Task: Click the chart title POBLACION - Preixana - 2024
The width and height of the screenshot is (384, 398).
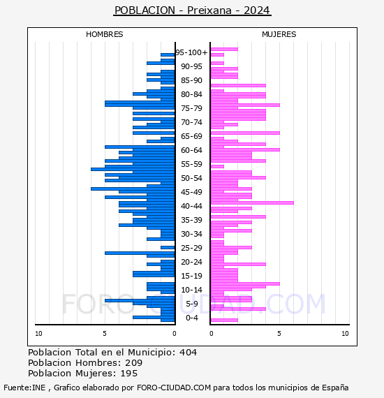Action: [192, 10]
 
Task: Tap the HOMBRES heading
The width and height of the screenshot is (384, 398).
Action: [104, 34]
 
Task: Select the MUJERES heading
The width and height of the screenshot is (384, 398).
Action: [279, 34]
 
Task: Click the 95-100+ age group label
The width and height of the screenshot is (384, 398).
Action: [191, 52]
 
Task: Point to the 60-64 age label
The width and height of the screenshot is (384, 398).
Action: [191, 150]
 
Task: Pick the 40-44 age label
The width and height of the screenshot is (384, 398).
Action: [191, 206]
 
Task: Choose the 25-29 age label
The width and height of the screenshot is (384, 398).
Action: [191, 248]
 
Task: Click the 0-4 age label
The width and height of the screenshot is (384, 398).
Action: [191, 318]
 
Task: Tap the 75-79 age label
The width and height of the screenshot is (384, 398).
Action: [191, 108]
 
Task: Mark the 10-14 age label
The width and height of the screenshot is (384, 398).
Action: [191, 290]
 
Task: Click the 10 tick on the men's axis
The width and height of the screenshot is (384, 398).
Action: [38, 334]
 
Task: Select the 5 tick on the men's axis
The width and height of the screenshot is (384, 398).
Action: [105, 334]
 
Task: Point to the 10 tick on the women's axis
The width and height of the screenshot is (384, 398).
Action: [345, 334]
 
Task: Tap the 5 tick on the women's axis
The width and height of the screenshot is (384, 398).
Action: [279, 334]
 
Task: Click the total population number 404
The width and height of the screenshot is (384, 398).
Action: [188, 353]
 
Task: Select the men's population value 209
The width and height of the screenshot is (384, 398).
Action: [134, 362]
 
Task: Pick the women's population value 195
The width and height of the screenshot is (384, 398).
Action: [128, 374]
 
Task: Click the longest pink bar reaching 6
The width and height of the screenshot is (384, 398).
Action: [252, 202]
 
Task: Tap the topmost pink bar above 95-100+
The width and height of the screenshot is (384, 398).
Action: [224, 50]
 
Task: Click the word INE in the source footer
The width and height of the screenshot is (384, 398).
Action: [38, 388]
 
